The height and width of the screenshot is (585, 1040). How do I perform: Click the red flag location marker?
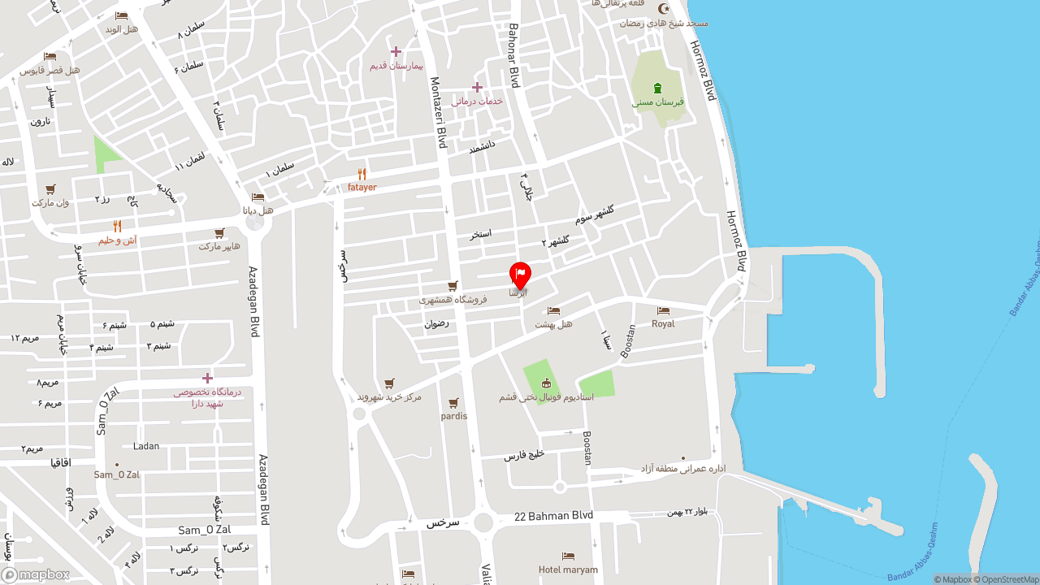(520, 275)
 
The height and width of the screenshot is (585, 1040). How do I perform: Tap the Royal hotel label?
(663, 323)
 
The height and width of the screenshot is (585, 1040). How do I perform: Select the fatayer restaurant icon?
(362, 174)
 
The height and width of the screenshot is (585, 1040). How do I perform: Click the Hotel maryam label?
(568, 570)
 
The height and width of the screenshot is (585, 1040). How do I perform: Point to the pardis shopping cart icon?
(453, 403)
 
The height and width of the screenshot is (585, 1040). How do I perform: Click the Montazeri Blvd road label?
(439, 112)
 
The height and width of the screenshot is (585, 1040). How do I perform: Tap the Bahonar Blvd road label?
(513, 55)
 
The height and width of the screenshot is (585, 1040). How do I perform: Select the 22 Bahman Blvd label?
(554, 516)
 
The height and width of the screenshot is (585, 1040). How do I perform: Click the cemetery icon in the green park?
(657, 88)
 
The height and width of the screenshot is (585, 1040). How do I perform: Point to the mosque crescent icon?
(665, 9)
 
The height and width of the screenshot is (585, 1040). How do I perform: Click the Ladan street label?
(146, 446)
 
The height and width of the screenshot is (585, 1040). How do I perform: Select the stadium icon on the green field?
(546, 383)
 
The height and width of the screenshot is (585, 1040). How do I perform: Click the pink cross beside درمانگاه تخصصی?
(207, 378)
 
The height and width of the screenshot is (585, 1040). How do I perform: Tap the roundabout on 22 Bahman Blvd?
(484, 522)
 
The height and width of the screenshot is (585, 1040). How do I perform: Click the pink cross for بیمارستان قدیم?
(396, 51)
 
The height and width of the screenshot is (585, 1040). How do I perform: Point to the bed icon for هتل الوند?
(121, 16)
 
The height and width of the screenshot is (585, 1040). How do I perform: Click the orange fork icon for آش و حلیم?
(117, 227)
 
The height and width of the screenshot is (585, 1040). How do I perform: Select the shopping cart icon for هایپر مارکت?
(219, 233)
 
